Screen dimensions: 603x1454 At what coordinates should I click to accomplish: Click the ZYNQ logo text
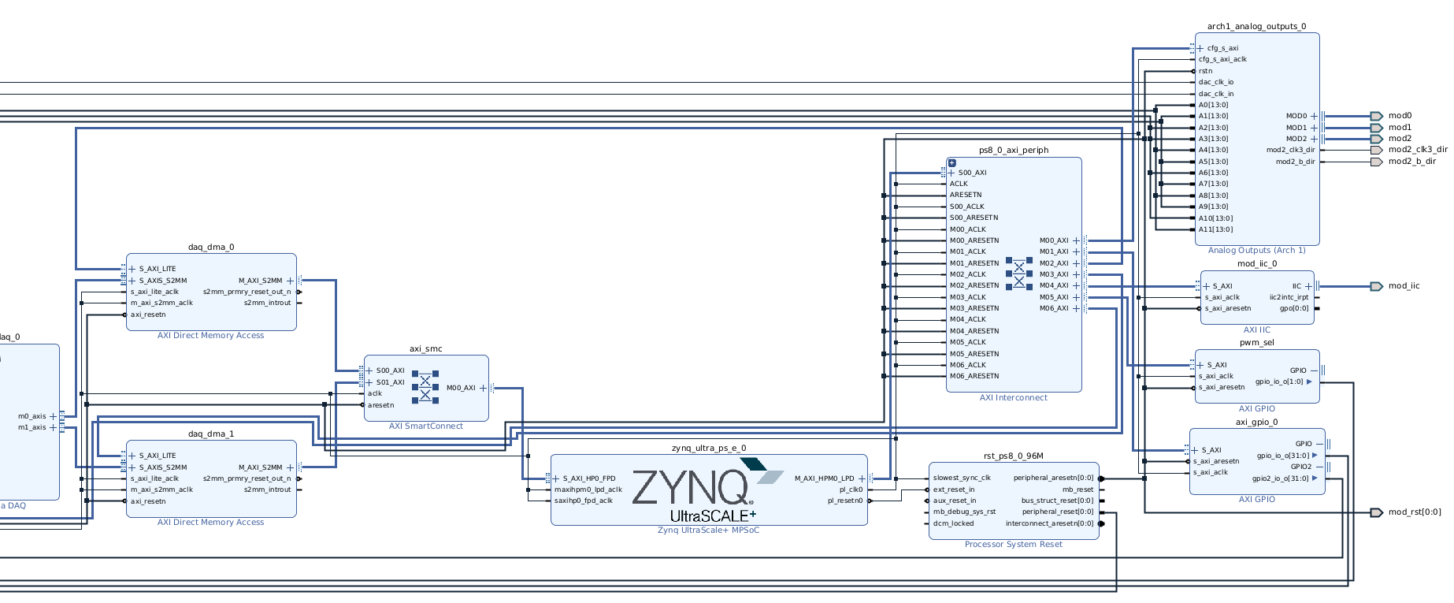tap(692, 487)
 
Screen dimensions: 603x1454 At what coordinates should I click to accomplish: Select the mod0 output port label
tap(1400, 116)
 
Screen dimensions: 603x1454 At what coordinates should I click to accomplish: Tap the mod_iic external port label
tap(1404, 286)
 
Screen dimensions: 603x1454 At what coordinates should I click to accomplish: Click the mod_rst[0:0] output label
tap(1415, 512)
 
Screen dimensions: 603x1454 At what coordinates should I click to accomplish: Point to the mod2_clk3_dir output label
tap(1418, 150)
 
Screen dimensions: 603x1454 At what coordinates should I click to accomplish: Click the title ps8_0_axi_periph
tap(1014, 151)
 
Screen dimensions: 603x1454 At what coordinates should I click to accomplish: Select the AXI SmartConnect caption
tap(426, 426)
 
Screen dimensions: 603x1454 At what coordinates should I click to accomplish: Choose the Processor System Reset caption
tap(1014, 545)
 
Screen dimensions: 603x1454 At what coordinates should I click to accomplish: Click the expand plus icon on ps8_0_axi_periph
tap(952, 163)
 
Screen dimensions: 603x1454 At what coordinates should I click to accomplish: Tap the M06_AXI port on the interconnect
tap(1054, 308)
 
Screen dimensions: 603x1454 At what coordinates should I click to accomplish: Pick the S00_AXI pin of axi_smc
tap(390, 370)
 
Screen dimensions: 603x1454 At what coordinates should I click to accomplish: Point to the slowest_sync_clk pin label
tap(962, 478)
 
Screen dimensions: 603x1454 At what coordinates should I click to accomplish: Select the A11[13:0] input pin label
tap(1215, 229)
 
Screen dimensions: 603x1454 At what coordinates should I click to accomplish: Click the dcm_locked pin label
tap(953, 523)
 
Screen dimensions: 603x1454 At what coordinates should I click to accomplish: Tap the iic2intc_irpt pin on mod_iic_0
tap(1289, 297)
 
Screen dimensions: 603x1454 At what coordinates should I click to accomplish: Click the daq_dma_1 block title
tap(211, 434)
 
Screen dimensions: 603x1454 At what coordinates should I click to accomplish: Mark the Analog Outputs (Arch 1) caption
tap(1256, 251)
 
